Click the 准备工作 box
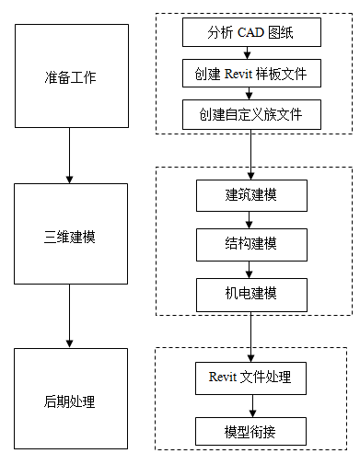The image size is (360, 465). [x=70, y=76]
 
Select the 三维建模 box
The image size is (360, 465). [x=70, y=237]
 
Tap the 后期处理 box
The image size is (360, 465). [x=70, y=401]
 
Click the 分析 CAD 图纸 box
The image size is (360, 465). [x=251, y=35]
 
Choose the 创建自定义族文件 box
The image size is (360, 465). [x=251, y=115]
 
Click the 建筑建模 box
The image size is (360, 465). [x=251, y=195]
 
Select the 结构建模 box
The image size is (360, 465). [x=251, y=244]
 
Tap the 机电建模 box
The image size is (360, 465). [x=251, y=294]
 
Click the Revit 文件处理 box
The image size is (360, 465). [x=251, y=377]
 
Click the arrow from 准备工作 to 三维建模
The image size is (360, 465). [x=70, y=156]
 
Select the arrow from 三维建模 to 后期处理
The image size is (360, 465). [x=70, y=317]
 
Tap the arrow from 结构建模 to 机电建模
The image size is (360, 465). [x=251, y=269]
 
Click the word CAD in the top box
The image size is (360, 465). [x=253, y=35]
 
